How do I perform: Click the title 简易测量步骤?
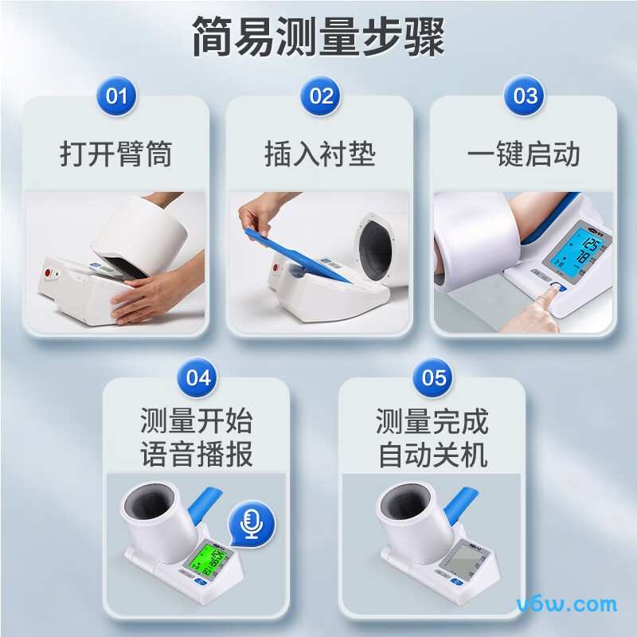[x=318, y=37]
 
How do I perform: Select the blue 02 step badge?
[x=321, y=96]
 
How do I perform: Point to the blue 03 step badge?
[x=525, y=96]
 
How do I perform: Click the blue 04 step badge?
[x=197, y=377]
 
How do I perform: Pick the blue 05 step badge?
[x=434, y=377]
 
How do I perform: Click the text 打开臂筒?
[x=116, y=154]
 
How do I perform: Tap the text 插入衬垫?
[x=320, y=154]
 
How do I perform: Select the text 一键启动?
[x=524, y=154]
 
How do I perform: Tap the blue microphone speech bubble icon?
[x=252, y=522]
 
